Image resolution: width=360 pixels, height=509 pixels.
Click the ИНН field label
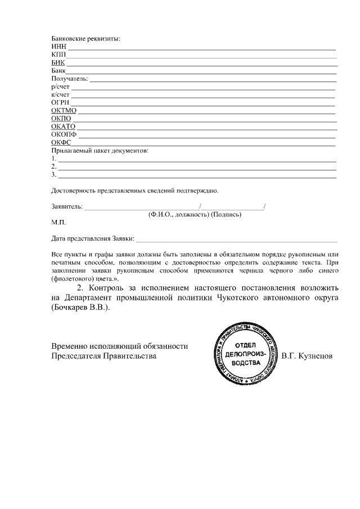pyautogui.click(x=58, y=46)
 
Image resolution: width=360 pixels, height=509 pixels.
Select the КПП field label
pyautogui.click(x=58, y=54)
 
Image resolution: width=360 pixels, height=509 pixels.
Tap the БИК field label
pyautogui.click(x=58, y=62)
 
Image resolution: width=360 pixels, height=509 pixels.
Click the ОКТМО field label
pyautogui.click(x=64, y=111)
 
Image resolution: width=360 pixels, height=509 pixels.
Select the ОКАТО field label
pyautogui.click(x=63, y=127)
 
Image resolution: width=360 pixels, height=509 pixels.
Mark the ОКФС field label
pyautogui.click(x=61, y=143)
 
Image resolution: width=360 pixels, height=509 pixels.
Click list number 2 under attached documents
pyautogui.click(x=53, y=167)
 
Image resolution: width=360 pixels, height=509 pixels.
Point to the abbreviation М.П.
pyautogui.click(x=58, y=222)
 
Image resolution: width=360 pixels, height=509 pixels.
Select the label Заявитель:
pyautogui.click(x=67, y=206)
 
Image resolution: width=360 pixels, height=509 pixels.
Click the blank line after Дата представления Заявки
pyautogui.click(x=236, y=238)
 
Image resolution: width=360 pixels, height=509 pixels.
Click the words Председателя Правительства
pyautogui.click(x=103, y=355)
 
